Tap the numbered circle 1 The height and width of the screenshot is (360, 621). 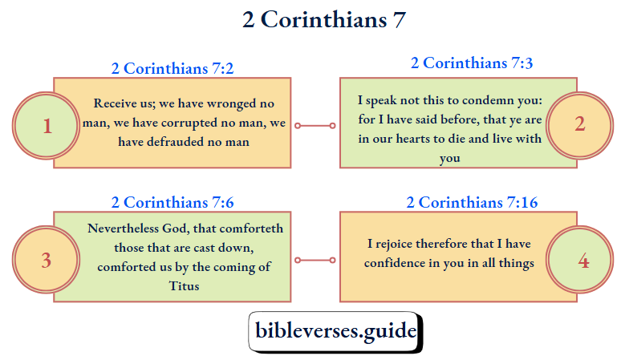tap(47, 126)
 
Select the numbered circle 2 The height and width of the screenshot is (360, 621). tap(579, 124)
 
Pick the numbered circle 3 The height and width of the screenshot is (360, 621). tap(47, 261)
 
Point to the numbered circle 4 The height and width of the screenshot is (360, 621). tap(582, 261)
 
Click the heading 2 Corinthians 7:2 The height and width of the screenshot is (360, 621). tap(172, 68)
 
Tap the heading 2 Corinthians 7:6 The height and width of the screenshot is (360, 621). tap(172, 202)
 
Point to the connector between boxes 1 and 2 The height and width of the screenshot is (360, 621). tap(315, 126)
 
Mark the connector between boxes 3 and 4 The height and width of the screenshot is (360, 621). tap(315, 260)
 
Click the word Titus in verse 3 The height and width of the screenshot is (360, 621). tap(185, 285)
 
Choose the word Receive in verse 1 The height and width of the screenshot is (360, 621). tap(115, 103)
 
